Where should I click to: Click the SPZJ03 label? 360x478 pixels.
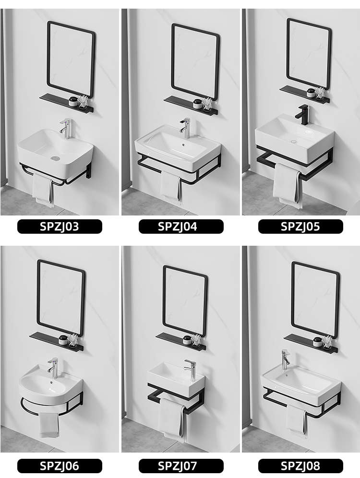(60, 227)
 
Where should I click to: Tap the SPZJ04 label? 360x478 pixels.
(181, 227)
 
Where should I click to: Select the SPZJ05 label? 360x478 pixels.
(300, 227)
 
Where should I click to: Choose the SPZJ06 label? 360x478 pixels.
(60, 466)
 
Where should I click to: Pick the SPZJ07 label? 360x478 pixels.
(181, 466)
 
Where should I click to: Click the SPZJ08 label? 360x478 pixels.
(300, 466)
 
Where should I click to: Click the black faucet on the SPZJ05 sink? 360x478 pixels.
(302, 114)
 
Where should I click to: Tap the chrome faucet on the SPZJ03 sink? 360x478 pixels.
(66, 129)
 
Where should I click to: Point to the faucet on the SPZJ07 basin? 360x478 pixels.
(191, 370)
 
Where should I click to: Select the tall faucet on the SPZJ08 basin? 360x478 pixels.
(285, 360)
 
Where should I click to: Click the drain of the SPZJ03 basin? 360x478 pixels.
(55, 158)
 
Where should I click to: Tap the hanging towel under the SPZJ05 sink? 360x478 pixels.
(286, 185)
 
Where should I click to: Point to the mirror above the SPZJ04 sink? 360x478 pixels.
(195, 62)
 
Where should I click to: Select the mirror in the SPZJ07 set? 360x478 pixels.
(185, 301)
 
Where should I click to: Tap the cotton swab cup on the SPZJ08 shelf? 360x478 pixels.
(327, 343)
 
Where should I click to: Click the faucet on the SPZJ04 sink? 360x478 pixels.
(185, 128)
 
